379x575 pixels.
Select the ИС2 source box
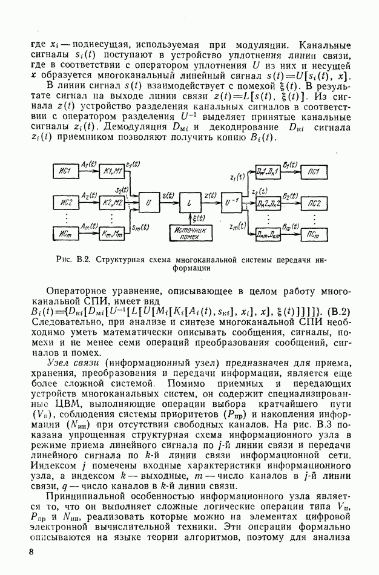pos(66,202)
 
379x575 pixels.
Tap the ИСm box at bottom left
pos(66,232)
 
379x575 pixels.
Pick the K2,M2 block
pos(113,202)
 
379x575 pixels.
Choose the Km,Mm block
pos(113,232)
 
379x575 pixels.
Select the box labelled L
pos(190,202)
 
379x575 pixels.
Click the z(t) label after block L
pos(211,195)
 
